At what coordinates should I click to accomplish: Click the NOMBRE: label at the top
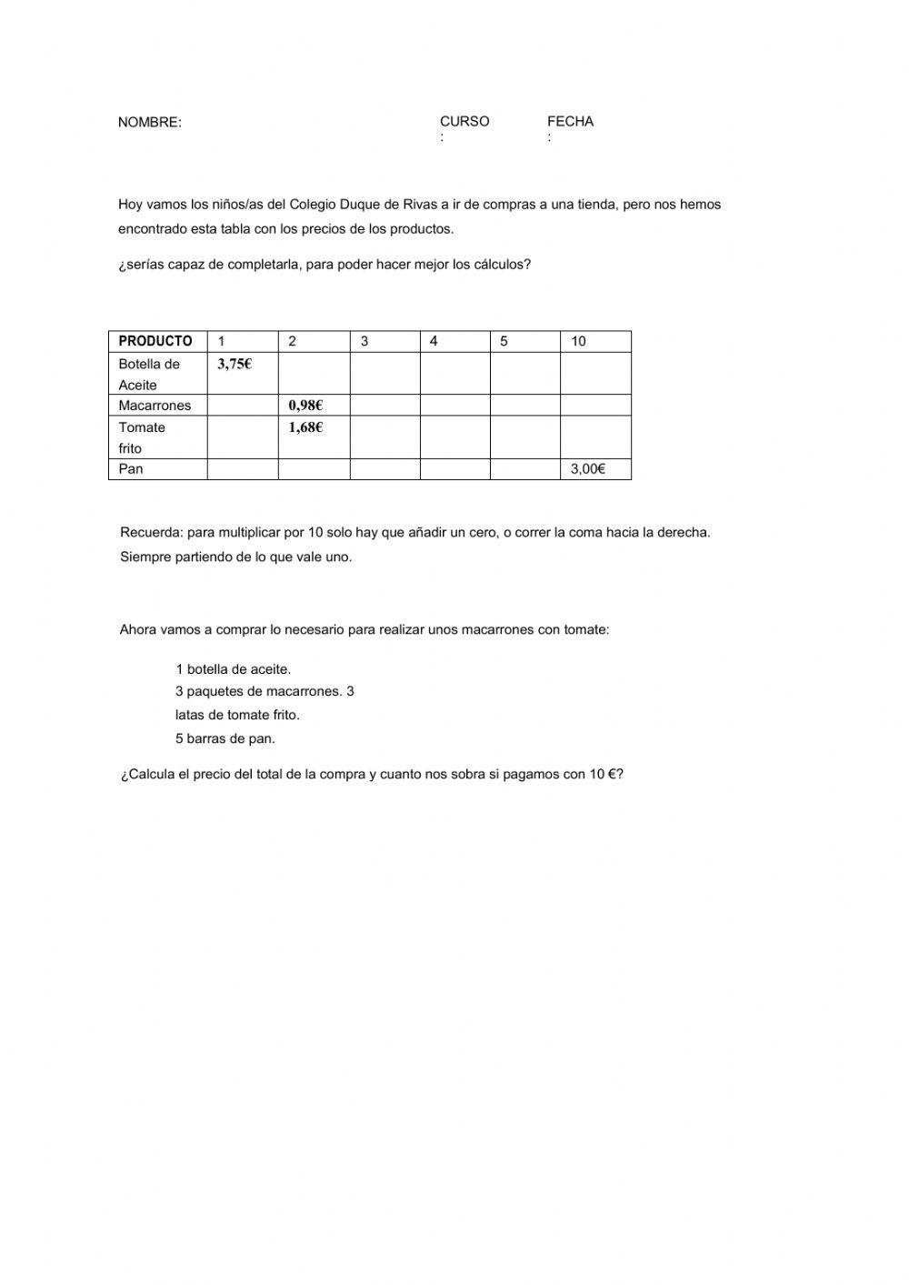[149, 123]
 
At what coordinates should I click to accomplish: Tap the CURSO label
[464, 121]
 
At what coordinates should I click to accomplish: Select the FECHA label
[570, 121]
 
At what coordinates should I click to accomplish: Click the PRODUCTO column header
[155, 341]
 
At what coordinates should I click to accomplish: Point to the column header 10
[578, 341]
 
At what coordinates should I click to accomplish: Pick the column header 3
[365, 341]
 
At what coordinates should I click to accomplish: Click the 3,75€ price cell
[235, 364]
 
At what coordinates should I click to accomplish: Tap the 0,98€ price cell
[305, 406]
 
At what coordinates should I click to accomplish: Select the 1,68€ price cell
[305, 427]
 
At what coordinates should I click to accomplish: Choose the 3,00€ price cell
[587, 469]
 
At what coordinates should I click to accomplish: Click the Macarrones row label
[155, 406]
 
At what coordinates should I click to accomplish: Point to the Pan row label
[131, 469]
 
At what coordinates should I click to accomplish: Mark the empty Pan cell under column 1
[242, 469]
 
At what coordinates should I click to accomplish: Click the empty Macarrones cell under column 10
[594, 406]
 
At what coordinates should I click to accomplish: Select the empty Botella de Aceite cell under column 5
[524, 373]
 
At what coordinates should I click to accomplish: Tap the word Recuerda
[145, 532]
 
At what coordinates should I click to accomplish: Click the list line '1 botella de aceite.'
[234, 669]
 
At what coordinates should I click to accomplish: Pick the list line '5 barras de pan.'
[225, 738]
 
